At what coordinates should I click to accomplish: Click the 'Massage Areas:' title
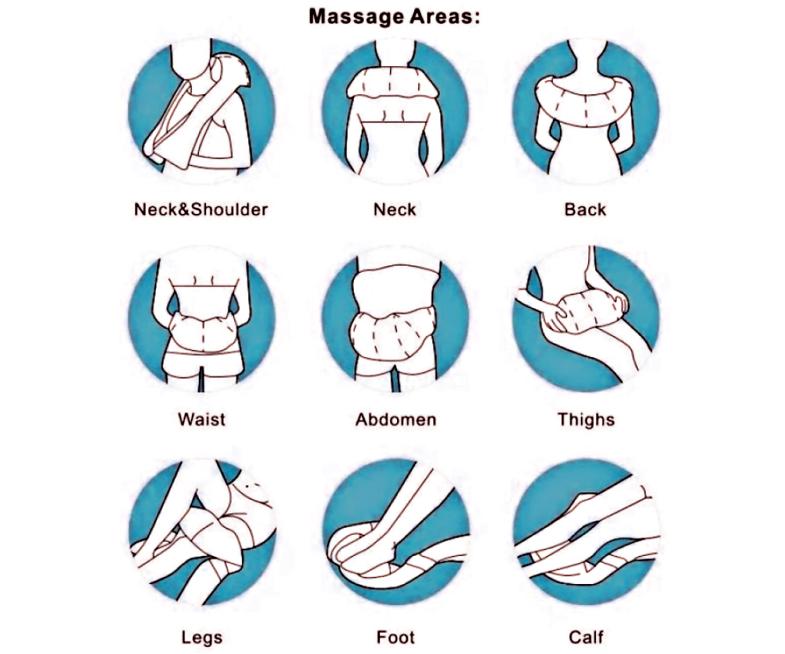point(394,17)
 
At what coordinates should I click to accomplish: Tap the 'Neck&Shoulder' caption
point(201,210)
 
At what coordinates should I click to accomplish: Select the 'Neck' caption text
point(394,210)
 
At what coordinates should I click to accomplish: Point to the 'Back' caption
point(585,210)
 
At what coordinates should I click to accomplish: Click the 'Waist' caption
point(202,419)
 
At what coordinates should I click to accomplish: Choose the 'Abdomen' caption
point(396,419)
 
